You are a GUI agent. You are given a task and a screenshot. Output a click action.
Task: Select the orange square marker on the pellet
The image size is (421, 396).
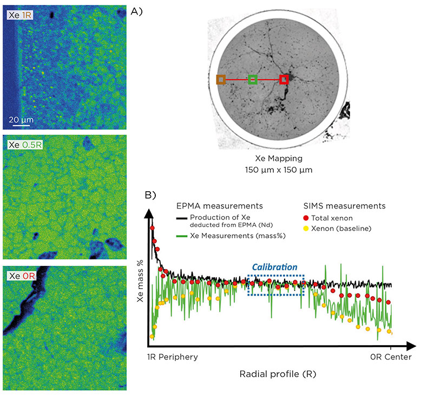[x=221, y=80]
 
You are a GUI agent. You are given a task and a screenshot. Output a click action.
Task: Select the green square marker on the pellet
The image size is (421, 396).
[x=252, y=80]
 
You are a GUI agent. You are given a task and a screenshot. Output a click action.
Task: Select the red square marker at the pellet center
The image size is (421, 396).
[x=284, y=80]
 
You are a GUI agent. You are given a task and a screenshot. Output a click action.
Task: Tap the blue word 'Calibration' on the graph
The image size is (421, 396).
[x=275, y=267]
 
